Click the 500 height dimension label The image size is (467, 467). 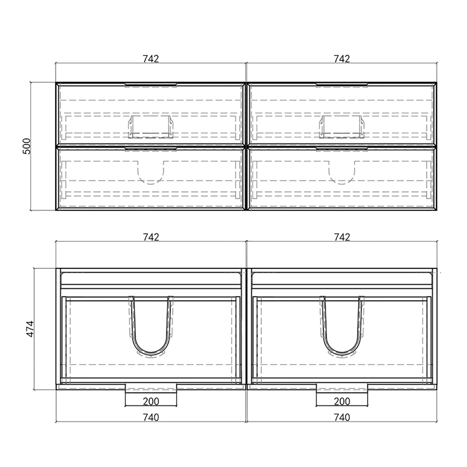27,146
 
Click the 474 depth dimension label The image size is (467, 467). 30,329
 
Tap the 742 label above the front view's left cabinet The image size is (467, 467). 151,59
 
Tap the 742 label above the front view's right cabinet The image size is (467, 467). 342,59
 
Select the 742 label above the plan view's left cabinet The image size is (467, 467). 151,237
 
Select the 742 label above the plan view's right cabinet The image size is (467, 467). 342,237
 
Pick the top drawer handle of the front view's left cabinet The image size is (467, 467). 151,85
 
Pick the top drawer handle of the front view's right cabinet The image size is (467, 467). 342,85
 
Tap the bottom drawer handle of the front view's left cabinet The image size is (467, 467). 151,149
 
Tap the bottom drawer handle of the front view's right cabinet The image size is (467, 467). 342,149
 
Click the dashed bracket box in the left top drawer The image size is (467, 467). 151,127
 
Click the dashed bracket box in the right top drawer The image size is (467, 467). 342,127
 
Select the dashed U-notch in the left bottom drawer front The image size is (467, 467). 151,172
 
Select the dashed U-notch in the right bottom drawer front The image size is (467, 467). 342,172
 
